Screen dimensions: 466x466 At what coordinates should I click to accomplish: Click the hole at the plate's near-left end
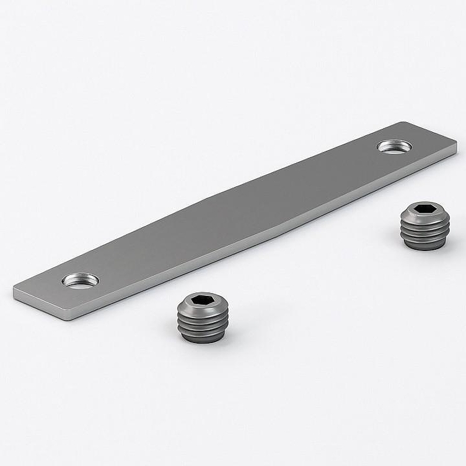pyautogui.click(x=81, y=281)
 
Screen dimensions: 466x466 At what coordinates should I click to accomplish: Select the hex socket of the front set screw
pyautogui.click(x=202, y=300)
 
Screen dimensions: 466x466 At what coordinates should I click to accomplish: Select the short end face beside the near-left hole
pyautogui.click(x=41, y=306)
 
